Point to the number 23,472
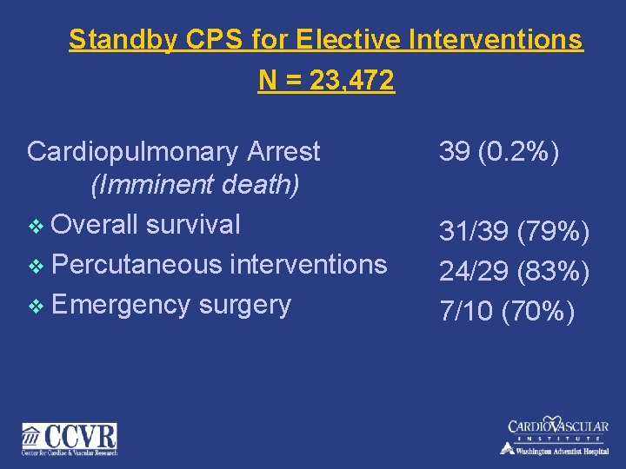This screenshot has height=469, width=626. coord(345,81)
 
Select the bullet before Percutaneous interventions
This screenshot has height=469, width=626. coord(35,265)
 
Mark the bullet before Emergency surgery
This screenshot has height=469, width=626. coord(35,306)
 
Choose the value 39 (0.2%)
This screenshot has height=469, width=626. coord(498,152)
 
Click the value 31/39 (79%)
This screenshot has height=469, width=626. coord(515,232)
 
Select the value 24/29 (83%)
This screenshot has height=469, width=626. coord(515,272)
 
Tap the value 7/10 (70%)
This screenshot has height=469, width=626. coord(507,312)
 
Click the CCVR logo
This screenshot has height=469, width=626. coord(70,439)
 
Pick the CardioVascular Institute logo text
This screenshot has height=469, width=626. coord(558,427)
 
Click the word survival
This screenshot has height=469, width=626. coord(193,224)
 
